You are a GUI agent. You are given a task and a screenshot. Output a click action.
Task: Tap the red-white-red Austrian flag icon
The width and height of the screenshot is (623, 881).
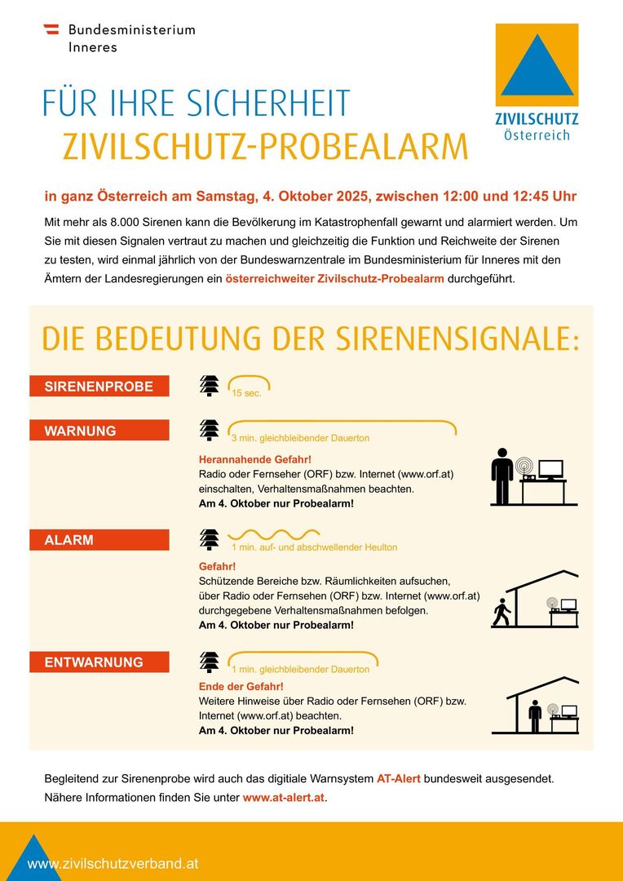point(51,29)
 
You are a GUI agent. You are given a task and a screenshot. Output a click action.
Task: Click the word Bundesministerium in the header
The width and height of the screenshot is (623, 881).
point(131,29)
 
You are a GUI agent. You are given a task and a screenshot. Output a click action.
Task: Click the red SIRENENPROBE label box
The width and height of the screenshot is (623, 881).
point(99,387)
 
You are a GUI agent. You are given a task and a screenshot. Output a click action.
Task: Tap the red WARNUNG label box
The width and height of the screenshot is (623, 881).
point(99,431)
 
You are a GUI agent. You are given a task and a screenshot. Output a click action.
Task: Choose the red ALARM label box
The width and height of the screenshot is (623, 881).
point(99,540)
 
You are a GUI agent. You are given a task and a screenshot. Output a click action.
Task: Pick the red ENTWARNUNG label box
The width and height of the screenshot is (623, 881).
point(99,662)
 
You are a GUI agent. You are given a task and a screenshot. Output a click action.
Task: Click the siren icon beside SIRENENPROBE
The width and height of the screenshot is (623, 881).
point(210,386)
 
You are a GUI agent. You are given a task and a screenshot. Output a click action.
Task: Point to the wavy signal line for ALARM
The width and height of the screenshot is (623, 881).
point(262,535)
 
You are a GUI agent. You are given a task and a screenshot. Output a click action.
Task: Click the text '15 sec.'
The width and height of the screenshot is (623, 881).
point(246,393)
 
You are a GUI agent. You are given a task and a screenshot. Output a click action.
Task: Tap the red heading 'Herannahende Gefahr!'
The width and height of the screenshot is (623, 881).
point(254,459)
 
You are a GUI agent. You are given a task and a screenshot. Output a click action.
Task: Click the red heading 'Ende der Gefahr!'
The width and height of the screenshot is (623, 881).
point(241,686)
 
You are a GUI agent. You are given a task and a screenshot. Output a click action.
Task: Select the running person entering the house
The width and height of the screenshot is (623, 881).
point(501,613)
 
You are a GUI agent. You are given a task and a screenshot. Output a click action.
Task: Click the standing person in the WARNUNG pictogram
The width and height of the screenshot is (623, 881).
point(502,476)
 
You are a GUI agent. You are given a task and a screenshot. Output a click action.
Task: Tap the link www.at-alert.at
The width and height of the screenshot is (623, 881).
point(284,797)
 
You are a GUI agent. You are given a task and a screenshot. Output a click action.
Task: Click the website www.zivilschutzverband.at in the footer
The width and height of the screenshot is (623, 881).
point(113,863)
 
